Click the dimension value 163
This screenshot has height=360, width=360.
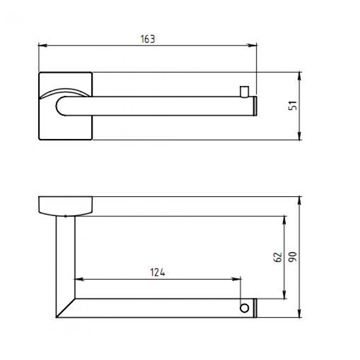148,39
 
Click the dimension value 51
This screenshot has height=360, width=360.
293,106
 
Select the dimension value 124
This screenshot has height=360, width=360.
157,272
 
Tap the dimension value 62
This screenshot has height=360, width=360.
278,257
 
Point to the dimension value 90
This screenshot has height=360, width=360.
293,257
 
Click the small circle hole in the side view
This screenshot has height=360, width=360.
244,308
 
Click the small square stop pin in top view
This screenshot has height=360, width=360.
244,92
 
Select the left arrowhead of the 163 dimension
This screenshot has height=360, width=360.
43,45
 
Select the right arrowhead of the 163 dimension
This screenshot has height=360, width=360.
252,45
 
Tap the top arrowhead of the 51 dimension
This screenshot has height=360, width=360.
299,76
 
